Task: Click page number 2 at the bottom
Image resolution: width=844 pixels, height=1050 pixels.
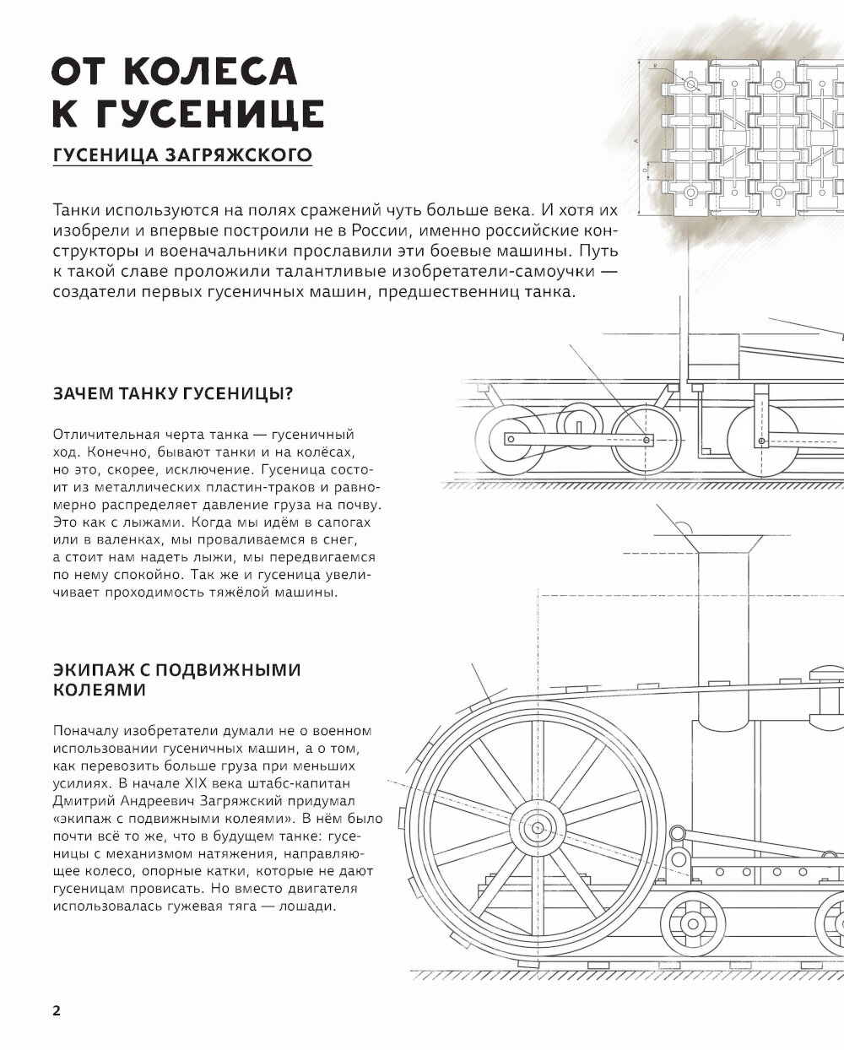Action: click(57, 1011)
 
